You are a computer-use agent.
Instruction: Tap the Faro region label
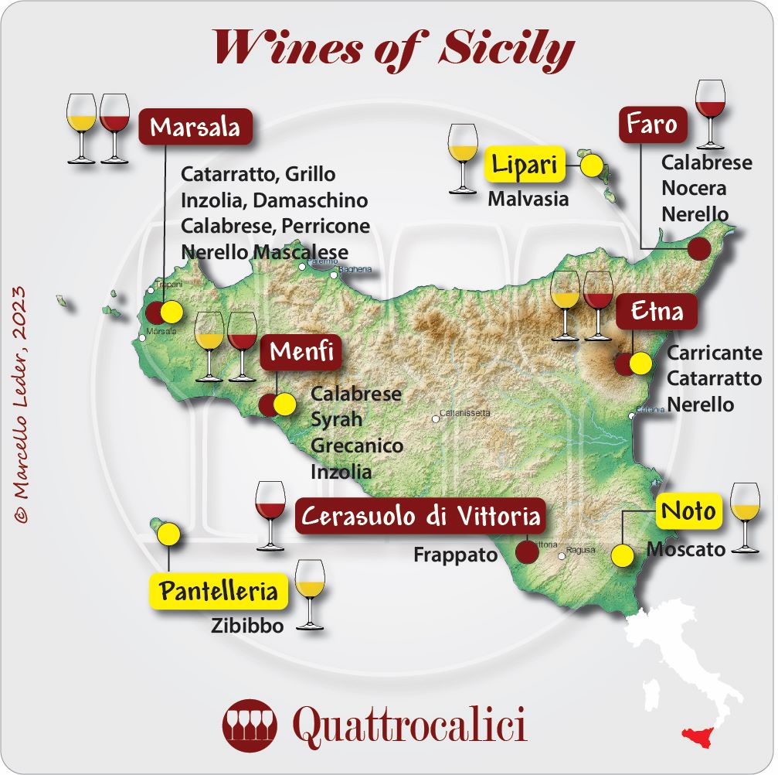point(652,125)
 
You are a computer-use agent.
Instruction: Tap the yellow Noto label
point(688,511)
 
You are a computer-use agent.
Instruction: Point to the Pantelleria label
point(218,592)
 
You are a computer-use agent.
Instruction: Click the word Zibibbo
point(247,626)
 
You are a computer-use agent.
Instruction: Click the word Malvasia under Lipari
point(528,199)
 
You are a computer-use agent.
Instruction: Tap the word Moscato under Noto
point(685,549)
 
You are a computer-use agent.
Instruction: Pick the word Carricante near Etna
point(715,353)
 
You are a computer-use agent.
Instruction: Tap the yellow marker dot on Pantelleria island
point(168,534)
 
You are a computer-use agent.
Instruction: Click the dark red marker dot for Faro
point(698,248)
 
